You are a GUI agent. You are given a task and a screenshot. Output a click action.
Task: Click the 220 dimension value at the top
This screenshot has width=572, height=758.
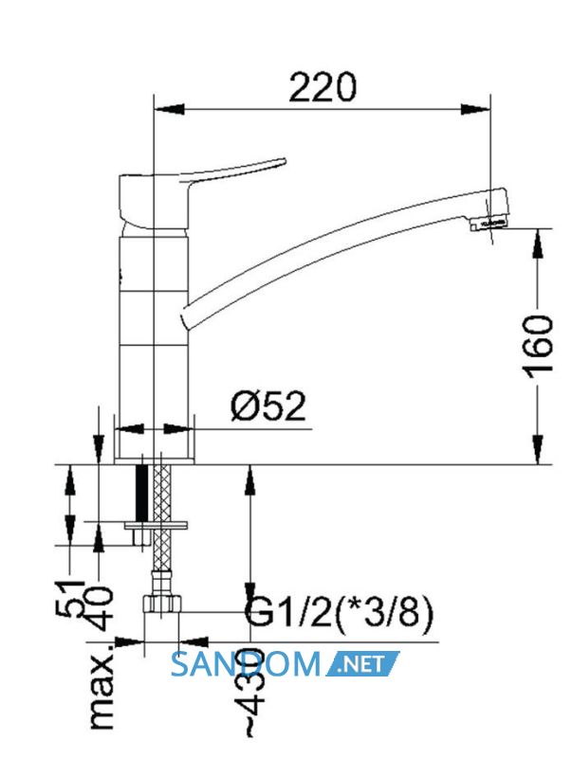point(322,87)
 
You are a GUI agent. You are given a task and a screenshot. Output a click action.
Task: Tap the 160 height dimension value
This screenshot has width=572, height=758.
point(537,344)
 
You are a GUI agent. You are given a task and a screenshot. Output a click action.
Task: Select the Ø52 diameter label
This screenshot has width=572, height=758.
point(268,406)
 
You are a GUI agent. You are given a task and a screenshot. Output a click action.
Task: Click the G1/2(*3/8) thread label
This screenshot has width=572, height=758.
point(339,613)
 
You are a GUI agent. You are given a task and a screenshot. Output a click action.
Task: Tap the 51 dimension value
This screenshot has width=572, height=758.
point(72,598)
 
